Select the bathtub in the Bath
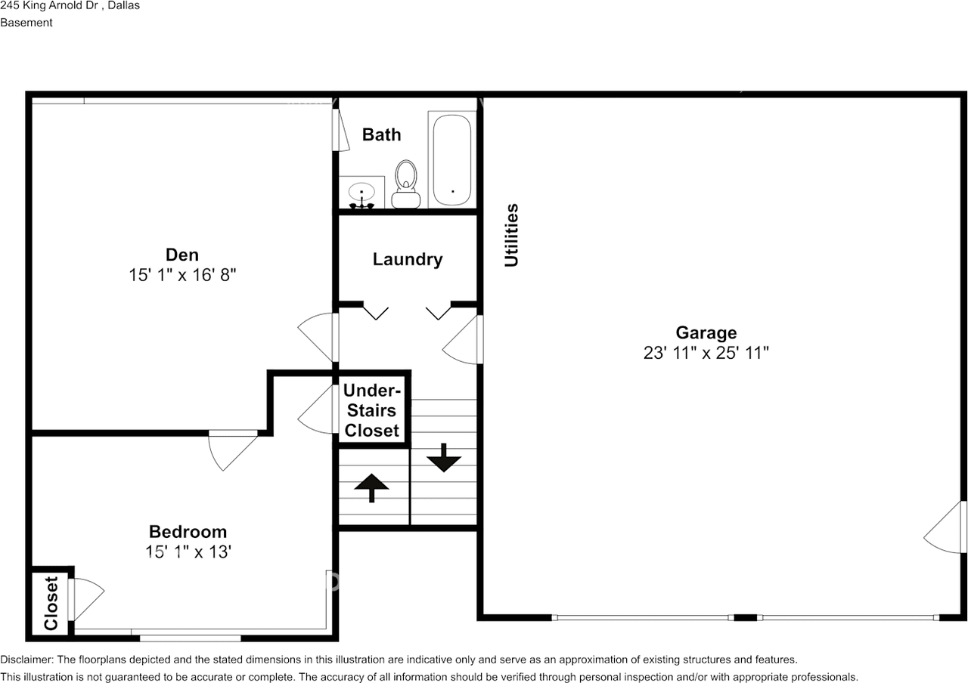pos(452,159)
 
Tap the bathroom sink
pos(361,193)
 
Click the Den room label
pos(182,255)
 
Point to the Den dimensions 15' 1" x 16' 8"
pos(182,275)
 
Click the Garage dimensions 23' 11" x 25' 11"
pos(706,353)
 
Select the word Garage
pos(706,332)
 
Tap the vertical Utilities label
pos(512,235)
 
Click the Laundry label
pos(407,259)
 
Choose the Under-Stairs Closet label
pos(371,410)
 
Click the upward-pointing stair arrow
pos(371,487)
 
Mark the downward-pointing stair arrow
pos(443,458)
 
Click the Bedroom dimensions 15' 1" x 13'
pos(188,552)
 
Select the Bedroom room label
pos(188,532)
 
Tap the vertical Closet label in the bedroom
pos(51,603)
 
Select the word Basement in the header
pos(26,23)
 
